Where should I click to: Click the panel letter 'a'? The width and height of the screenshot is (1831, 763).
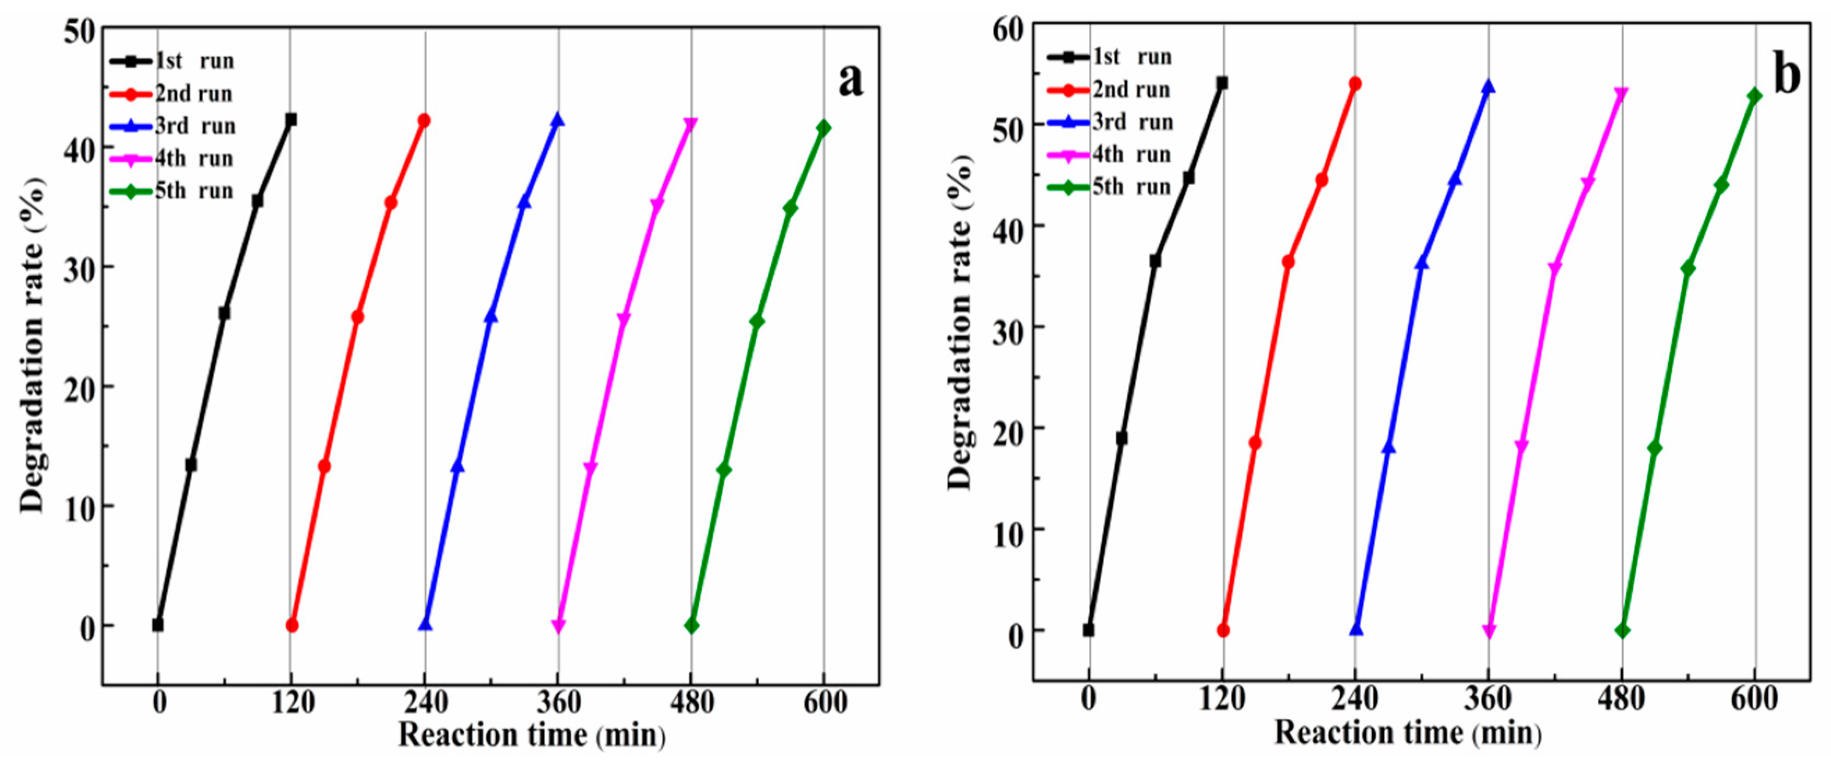(x=850, y=80)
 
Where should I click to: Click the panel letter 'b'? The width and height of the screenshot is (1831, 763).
(x=1786, y=75)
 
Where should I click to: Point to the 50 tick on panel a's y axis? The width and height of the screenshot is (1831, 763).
(x=78, y=31)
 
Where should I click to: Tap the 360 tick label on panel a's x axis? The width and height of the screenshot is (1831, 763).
(x=559, y=702)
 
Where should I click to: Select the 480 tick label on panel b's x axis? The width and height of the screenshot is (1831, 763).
(x=1622, y=699)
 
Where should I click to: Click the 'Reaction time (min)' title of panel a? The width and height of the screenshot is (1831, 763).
(x=532, y=735)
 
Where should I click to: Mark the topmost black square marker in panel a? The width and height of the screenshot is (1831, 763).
(x=291, y=120)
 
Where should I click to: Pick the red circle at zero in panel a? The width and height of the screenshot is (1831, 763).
(x=292, y=626)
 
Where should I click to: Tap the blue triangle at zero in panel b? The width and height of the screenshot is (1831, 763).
(x=1356, y=629)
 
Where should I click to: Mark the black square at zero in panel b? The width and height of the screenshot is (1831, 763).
(x=1088, y=630)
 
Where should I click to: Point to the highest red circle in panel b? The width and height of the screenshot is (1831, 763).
(x=1355, y=83)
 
